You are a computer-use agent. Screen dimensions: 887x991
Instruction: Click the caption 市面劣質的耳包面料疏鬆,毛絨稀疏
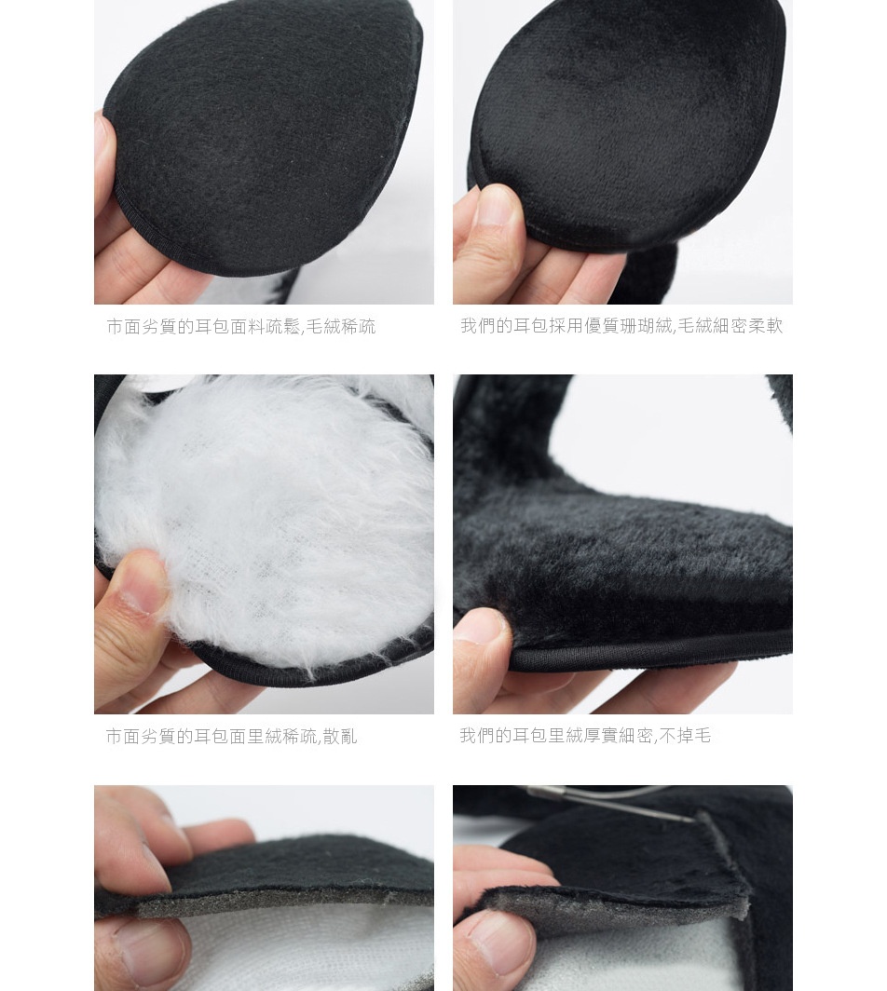(x=241, y=327)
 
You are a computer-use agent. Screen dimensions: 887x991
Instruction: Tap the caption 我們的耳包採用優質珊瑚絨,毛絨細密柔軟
(x=621, y=326)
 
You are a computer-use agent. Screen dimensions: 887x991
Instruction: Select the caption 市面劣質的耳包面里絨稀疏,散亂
(x=231, y=737)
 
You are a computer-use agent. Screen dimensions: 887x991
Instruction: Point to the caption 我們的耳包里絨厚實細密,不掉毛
(x=585, y=736)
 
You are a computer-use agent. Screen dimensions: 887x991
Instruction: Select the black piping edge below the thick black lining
(x=651, y=651)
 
